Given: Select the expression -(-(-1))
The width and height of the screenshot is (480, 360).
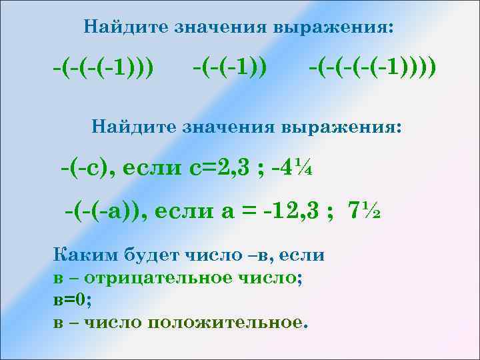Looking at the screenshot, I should [x=229, y=67].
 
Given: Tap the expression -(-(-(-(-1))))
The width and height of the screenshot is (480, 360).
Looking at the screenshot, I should [x=373, y=67].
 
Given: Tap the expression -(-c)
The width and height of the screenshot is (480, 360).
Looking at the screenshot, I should [x=87, y=167].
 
